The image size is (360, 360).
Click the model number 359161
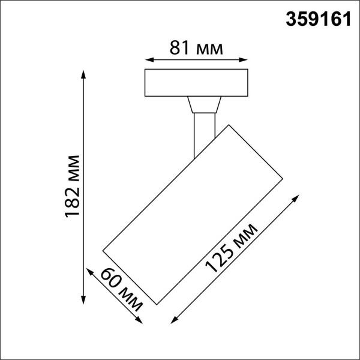click(316, 19)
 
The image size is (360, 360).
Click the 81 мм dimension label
click(197, 49)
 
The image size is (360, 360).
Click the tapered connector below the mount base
click(203, 106)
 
